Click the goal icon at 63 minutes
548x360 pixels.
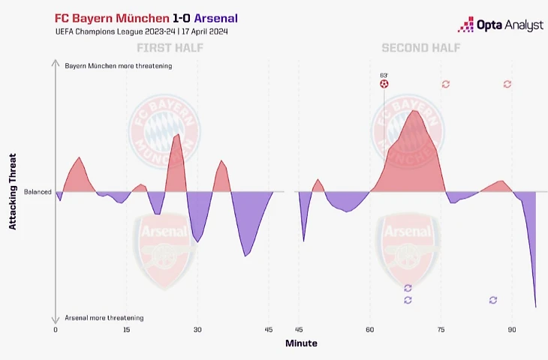[384, 84]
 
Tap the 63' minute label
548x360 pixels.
[384, 74]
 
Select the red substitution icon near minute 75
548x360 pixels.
[446, 84]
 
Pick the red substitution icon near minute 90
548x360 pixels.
[507, 84]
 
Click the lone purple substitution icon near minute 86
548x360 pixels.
[493, 300]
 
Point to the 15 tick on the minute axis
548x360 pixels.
[126, 330]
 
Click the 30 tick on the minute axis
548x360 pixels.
[197, 330]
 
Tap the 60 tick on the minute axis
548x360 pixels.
[369, 330]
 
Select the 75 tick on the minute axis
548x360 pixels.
[441, 330]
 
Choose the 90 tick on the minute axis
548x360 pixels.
[512, 330]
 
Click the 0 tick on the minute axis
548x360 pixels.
[56, 330]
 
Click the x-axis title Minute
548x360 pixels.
[301, 343]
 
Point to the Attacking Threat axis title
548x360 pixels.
[14, 191]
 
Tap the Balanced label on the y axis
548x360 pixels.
[38, 192]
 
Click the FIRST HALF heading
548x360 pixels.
[170, 49]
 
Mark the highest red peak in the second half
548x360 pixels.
[414, 110]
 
